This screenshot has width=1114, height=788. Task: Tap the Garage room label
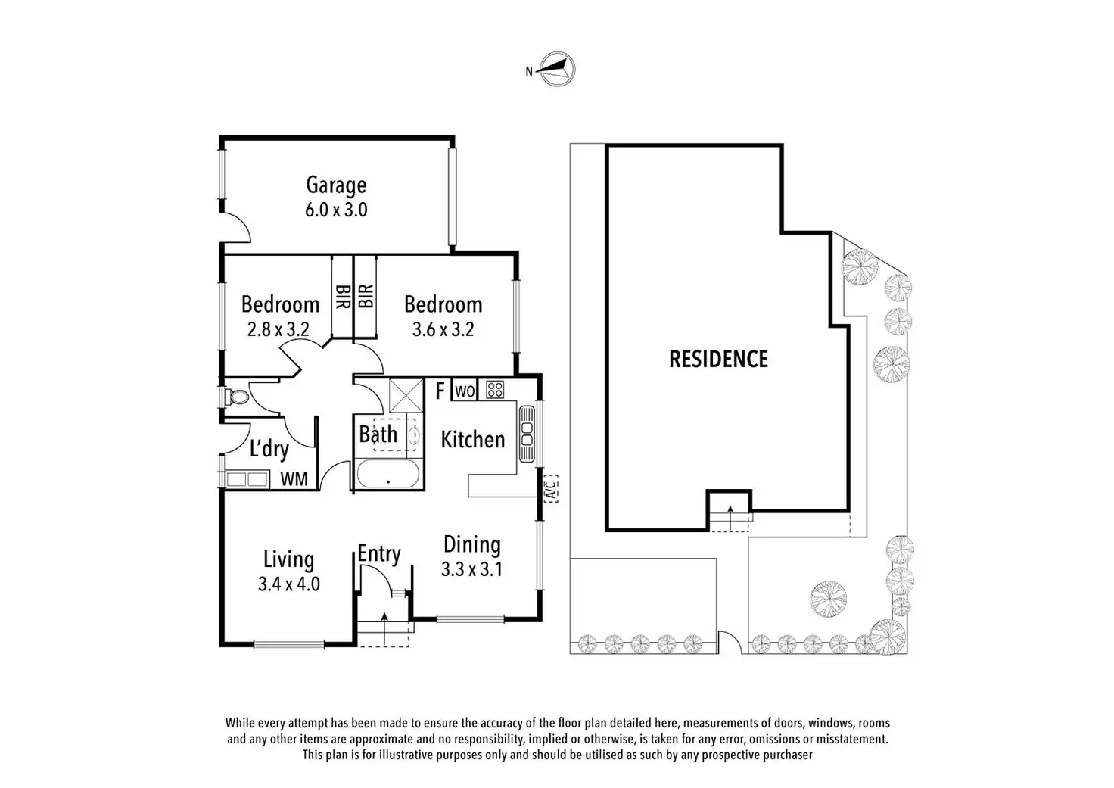336,185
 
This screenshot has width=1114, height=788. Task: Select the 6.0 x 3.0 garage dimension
336,210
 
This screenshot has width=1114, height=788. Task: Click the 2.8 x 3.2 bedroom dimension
278,329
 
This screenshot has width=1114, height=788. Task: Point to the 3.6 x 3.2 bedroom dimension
443,329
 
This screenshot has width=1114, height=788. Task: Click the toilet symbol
236,397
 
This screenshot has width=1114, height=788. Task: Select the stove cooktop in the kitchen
495,390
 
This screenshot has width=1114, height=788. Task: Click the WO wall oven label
465,391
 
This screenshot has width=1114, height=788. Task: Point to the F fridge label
440,391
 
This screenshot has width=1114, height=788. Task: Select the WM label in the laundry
294,478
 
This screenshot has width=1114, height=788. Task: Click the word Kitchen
472,439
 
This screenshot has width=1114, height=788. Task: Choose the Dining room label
471,544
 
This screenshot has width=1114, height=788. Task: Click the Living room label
288,559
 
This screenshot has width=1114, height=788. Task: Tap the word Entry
378,553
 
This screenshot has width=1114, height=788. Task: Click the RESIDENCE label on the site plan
718,359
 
